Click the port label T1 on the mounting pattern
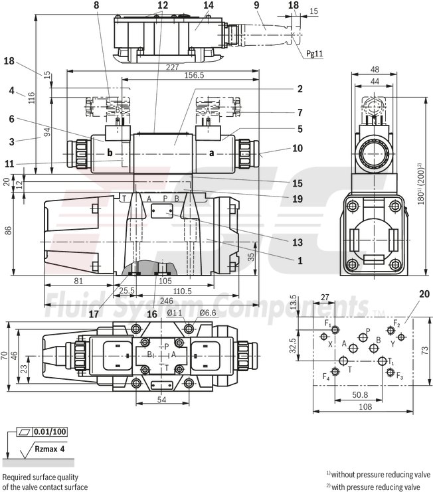[x=391, y=362]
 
